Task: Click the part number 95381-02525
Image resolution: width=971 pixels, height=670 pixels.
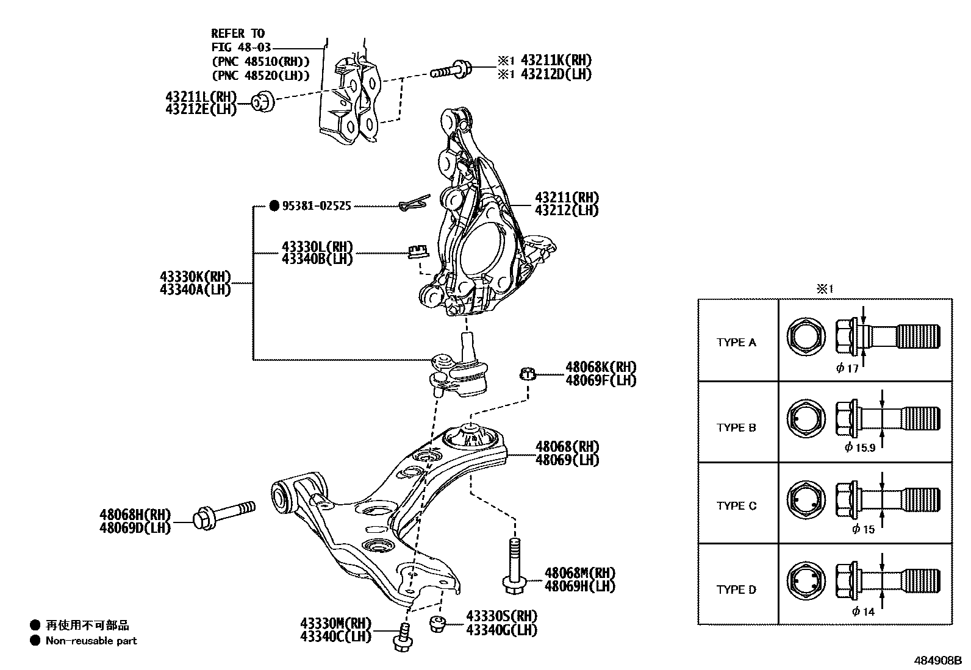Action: [x=316, y=206]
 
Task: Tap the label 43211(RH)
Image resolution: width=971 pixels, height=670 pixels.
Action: [x=567, y=198]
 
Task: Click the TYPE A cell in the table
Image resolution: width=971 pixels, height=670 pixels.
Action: [x=736, y=343]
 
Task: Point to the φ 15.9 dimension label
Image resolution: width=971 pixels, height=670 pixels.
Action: [x=860, y=448]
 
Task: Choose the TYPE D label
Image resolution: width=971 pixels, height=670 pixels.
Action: [x=736, y=590]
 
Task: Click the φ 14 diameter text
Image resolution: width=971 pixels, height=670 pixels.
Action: [x=863, y=611]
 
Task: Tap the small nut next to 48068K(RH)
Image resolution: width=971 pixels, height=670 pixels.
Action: [x=527, y=373]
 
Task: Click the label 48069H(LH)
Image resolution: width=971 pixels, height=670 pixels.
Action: [x=579, y=586]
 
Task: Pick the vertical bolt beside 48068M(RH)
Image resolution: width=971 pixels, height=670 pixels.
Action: [x=513, y=565]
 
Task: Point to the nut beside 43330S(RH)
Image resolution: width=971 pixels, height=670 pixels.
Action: [x=437, y=624]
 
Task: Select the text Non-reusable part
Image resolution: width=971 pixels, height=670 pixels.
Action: [x=91, y=641]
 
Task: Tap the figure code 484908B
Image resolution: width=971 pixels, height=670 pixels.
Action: [x=937, y=660]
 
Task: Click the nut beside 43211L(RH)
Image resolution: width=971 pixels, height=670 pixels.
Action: [x=263, y=102]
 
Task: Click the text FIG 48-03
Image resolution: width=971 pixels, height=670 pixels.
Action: [x=241, y=47]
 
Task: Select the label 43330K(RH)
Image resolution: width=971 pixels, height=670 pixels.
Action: [x=195, y=277]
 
